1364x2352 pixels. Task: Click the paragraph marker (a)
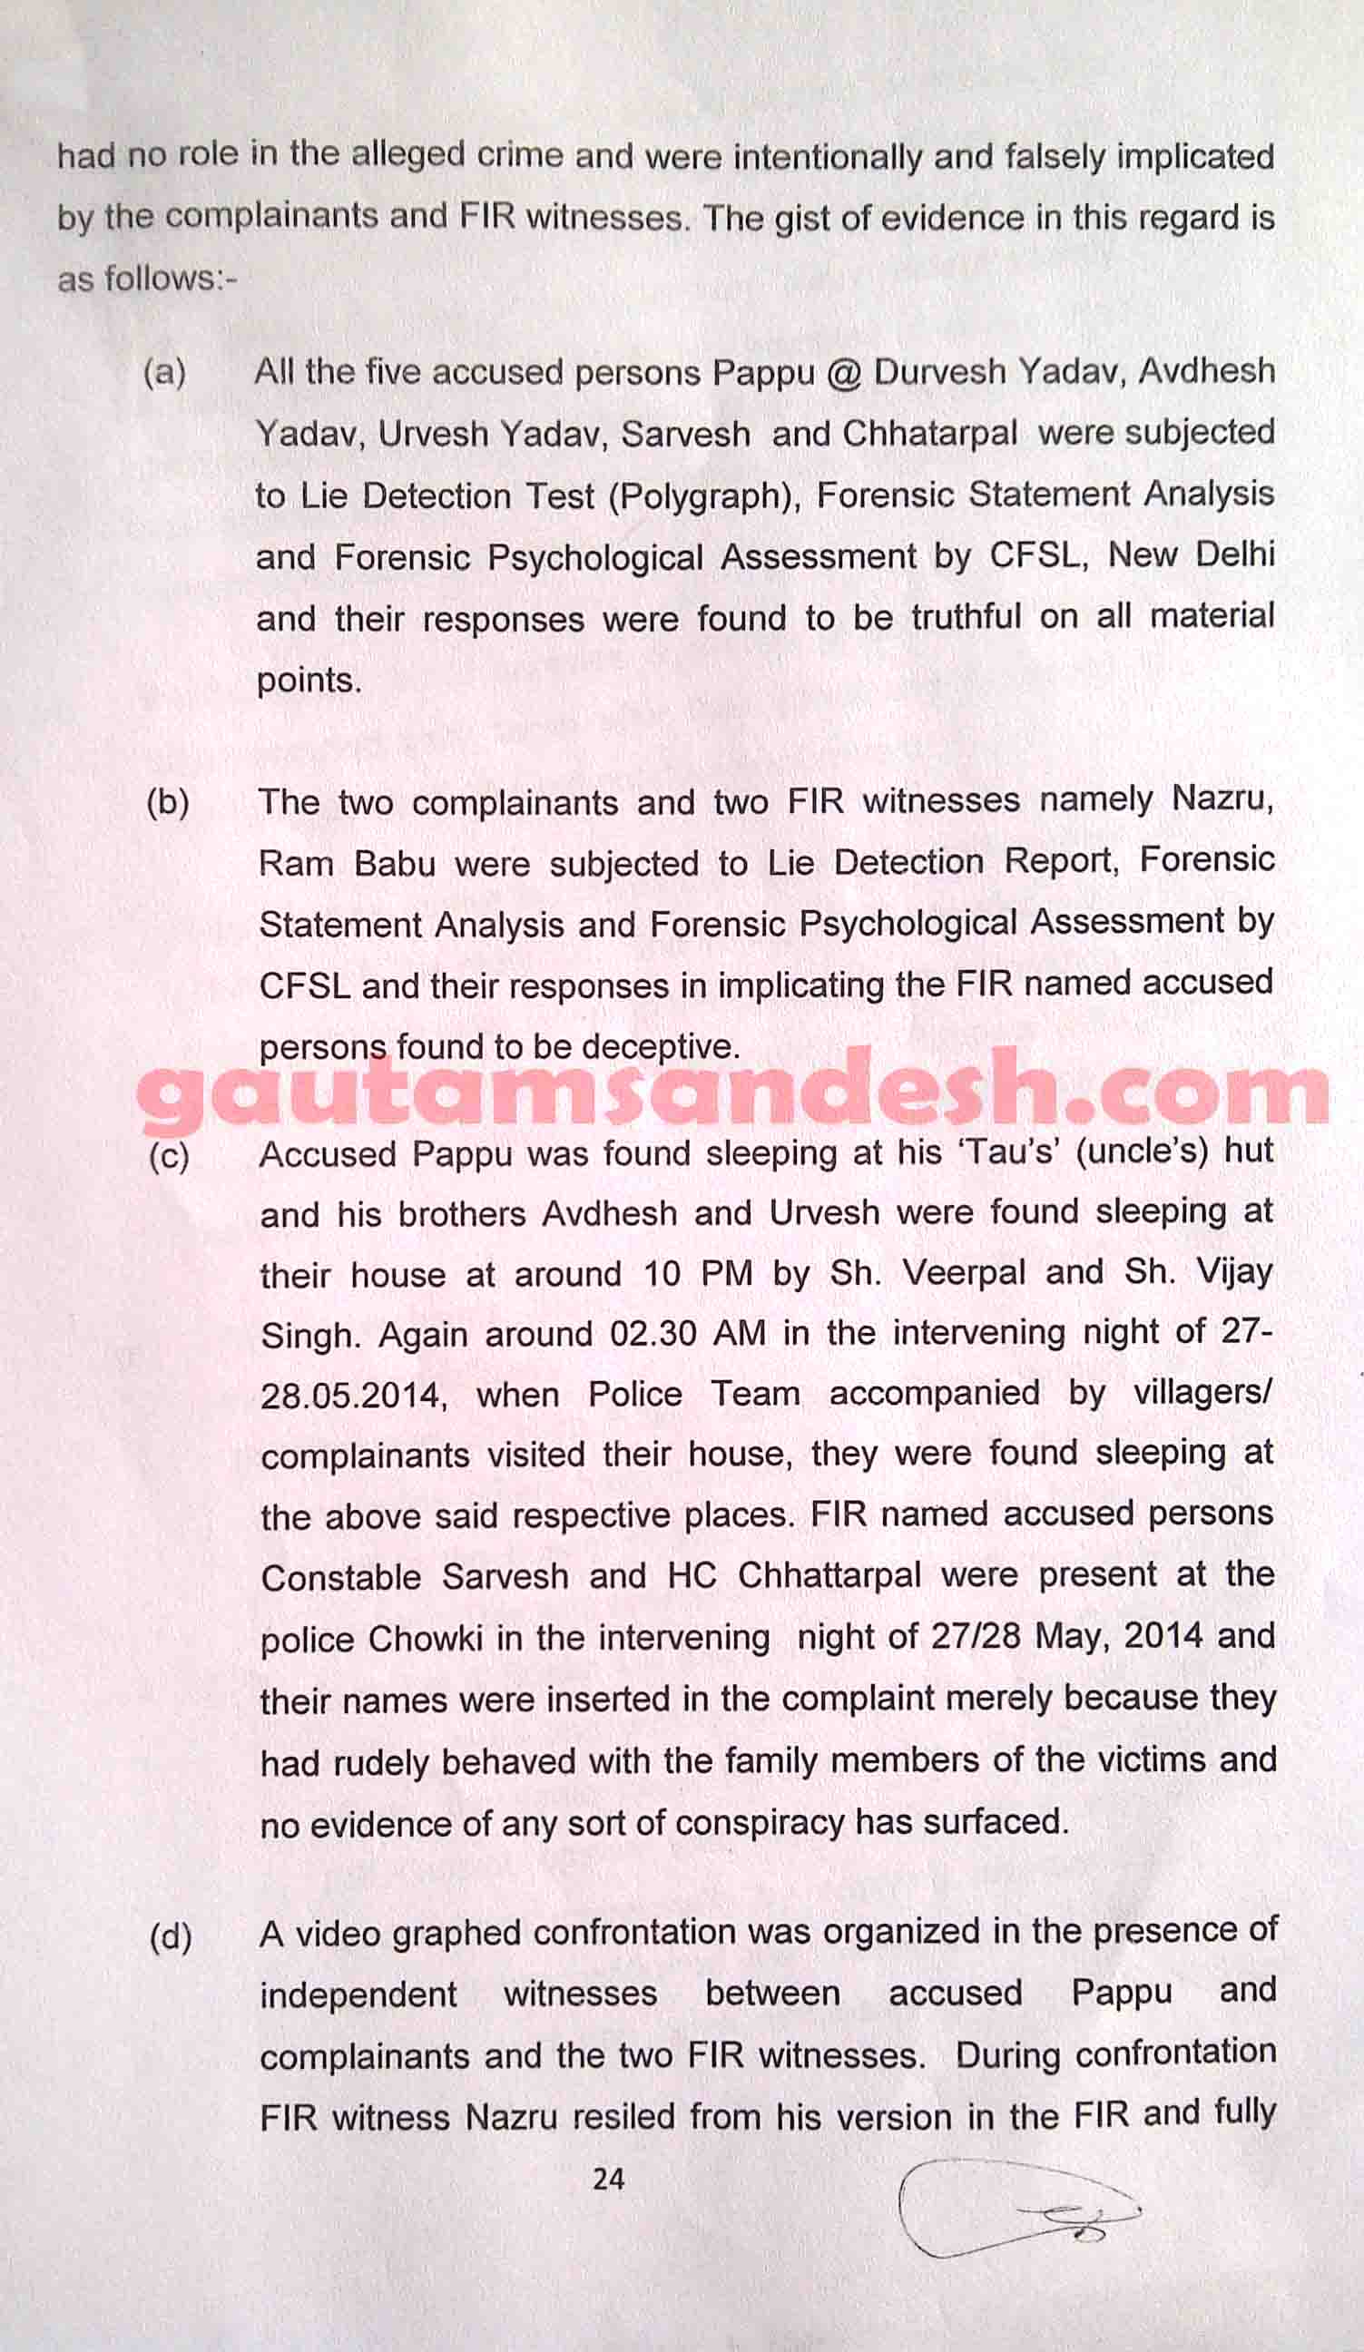(164, 372)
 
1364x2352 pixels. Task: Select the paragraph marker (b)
(168, 803)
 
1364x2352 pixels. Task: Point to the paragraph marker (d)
(171, 1937)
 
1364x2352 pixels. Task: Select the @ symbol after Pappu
(843, 373)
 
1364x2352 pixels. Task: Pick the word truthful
(967, 618)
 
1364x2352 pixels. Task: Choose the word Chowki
(426, 1640)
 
